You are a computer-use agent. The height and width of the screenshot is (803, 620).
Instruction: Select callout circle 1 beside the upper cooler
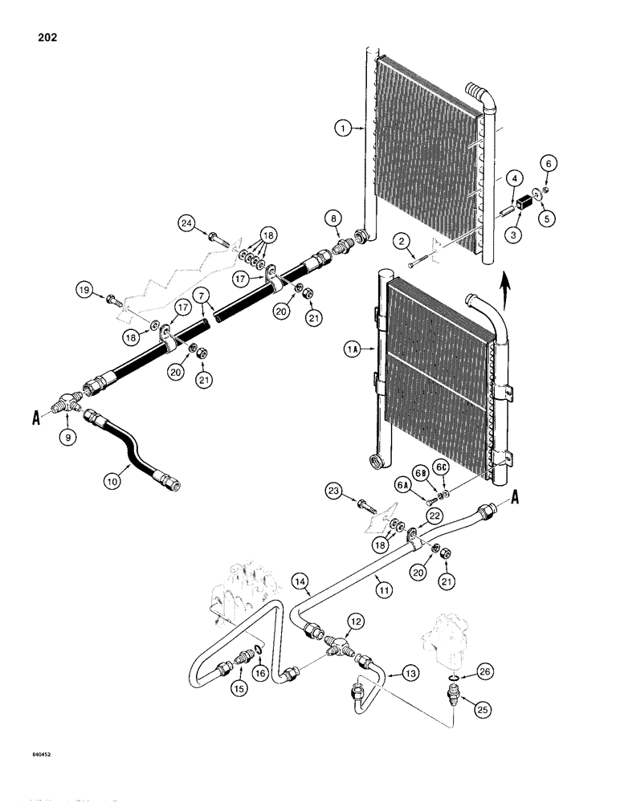[x=345, y=127]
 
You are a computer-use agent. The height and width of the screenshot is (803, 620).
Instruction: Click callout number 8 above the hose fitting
[x=334, y=218]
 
